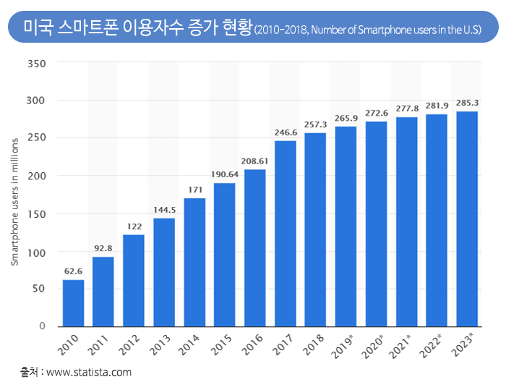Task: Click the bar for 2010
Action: [x=73, y=303]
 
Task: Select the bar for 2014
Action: [x=194, y=262]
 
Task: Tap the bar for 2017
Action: [x=286, y=233]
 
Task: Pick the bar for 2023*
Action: [x=467, y=219]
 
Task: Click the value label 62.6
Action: [x=73, y=272]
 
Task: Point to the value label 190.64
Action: [x=225, y=175]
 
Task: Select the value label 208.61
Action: [x=255, y=162]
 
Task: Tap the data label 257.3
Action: [x=315, y=125]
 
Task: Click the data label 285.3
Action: [x=467, y=103]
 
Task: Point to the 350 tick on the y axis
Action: [x=37, y=64]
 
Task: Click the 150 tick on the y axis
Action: [x=37, y=214]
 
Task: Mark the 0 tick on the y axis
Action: [x=43, y=326]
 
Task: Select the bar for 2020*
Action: [x=376, y=224]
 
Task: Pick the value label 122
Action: [x=134, y=226]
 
